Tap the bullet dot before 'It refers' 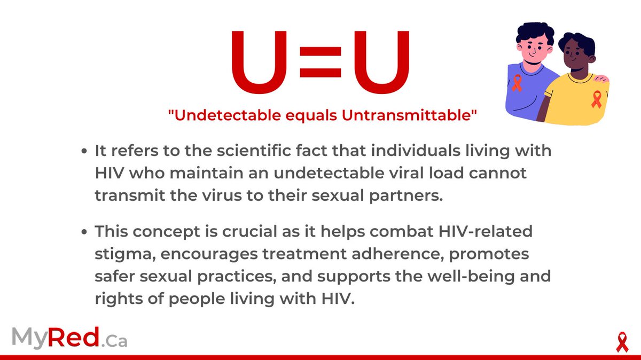pos(84,152)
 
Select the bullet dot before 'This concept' pos(84,233)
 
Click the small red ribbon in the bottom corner pos(621,342)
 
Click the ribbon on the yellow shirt pos(597,99)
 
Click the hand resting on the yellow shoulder pos(601,79)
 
